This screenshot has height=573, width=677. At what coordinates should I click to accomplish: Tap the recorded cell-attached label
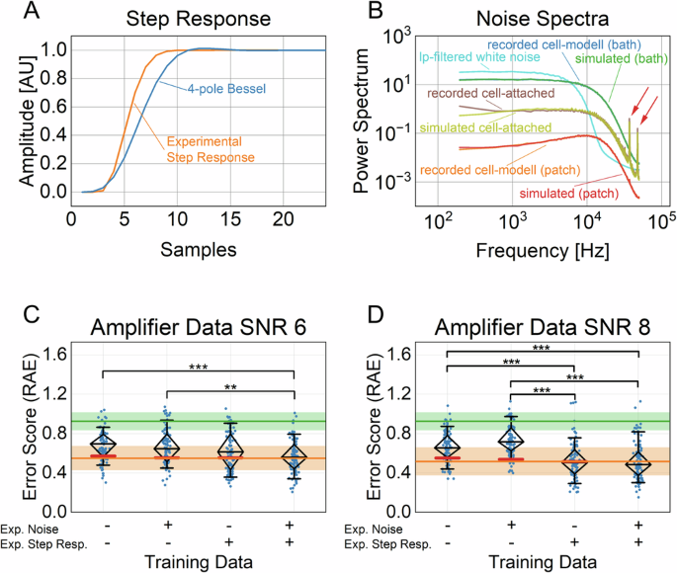[x=483, y=95]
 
